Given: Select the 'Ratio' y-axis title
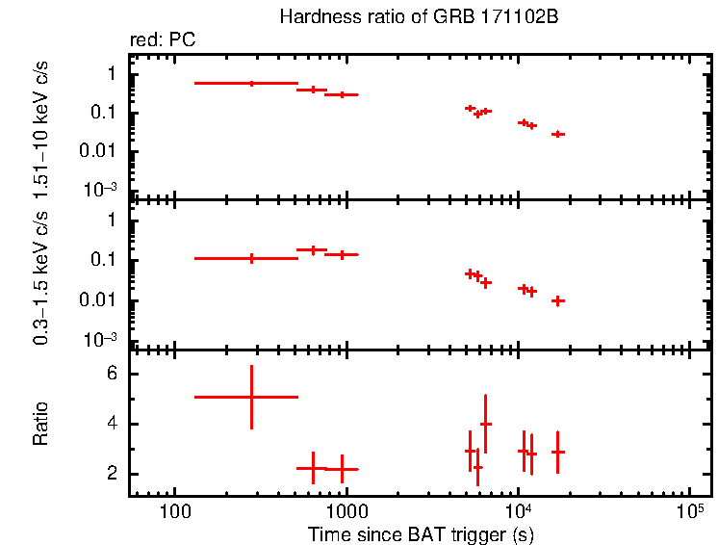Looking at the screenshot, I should pyautogui.click(x=40, y=424).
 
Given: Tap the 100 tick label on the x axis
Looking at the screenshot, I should pyautogui.click(x=174, y=510).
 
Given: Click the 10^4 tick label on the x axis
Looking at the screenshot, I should pyautogui.click(x=518, y=508).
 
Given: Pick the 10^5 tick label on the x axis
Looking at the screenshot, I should pyautogui.click(x=689, y=508).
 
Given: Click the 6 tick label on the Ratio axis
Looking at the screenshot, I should pyautogui.click(x=112, y=374).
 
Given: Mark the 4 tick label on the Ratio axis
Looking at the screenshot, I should pyautogui.click(x=112, y=424).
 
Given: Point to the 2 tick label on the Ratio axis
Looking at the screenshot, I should pyautogui.click(x=112, y=474).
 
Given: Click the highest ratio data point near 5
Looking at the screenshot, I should pyautogui.click(x=251, y=397).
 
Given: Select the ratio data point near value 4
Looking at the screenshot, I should pyautogui.click(x=486, y=424).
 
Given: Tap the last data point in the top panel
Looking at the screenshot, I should pyautogui.click(x=557, y=134).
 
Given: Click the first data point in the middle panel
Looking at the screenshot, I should pyautogui.click(x=251, y=258).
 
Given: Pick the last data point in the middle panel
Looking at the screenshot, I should pyautogui.click(x=557, y=300).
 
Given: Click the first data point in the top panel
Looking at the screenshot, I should pyautogui.click(x=251, y=84).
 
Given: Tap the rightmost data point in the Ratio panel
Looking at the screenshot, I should pyautogui.click(x=557, y=452).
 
